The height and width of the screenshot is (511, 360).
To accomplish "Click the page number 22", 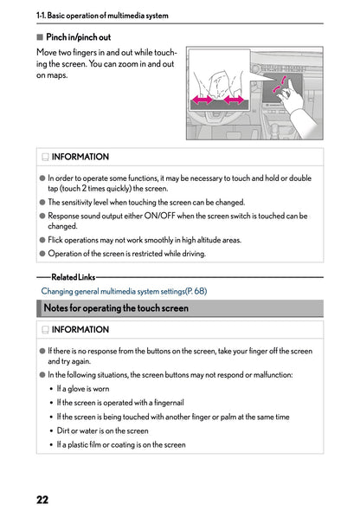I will (42, 498).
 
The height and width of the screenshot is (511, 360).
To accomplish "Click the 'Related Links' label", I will (74, 277).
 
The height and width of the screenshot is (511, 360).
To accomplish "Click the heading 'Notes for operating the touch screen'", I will (116, 308).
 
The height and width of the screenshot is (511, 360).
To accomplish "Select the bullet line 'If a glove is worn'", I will (83, 389).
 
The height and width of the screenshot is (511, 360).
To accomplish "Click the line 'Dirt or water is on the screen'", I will (102, 430).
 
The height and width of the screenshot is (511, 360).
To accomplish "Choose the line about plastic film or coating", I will (121, 444).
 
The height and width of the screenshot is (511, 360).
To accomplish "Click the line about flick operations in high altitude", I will (145, 240).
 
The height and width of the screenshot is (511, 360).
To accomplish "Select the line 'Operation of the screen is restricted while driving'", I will (127, 254).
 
